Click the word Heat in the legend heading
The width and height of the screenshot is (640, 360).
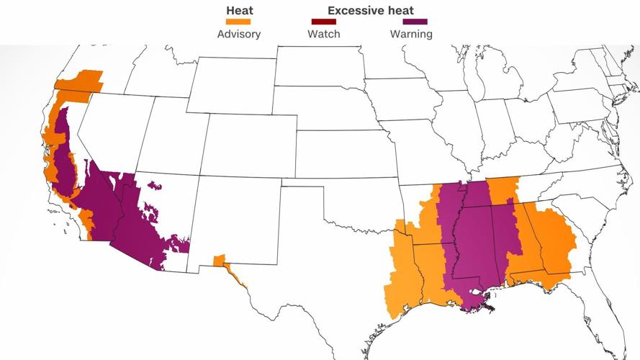pos(240,11)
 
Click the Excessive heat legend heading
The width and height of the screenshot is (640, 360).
pos(371,11)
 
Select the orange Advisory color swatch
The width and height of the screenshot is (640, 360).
pos(240,22)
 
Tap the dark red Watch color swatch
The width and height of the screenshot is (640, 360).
pos(324,22)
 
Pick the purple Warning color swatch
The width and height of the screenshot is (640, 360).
pos(411,22)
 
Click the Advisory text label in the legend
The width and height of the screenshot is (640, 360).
pos(239,34)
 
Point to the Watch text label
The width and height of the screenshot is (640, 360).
pos(324,34)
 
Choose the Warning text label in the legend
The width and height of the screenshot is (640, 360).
pos(411,34)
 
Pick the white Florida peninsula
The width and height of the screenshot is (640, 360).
pos(598,317)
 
